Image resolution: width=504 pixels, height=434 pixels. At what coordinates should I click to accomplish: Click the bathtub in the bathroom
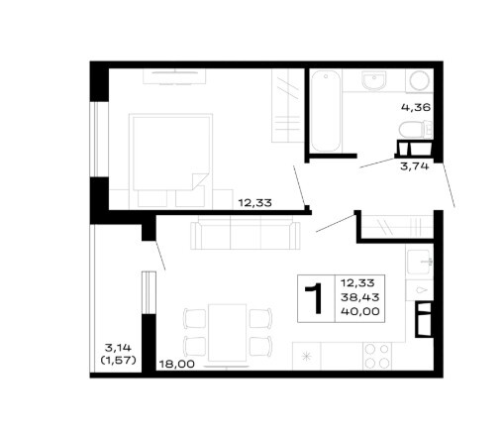(326, 111)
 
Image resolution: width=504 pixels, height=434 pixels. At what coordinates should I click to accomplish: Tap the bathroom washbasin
(374, 81)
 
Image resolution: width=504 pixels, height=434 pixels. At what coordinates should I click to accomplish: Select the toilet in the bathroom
(415, 130)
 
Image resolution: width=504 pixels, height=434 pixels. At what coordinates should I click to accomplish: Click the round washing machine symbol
(420, 81)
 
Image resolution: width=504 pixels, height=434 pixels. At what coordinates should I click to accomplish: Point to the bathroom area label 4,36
(416, 107)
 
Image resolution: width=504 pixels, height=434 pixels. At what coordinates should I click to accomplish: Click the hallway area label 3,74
(415, 166)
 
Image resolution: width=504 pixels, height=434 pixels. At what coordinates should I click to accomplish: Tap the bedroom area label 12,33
(255, 202)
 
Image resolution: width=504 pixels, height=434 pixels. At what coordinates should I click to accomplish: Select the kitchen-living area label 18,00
(177, 364)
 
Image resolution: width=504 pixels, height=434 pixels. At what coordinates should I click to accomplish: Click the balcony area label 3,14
(118, 348)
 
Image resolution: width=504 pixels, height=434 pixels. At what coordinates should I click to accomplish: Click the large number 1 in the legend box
(316, 298)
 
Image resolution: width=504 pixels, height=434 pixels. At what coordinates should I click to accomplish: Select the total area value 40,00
(360, 311)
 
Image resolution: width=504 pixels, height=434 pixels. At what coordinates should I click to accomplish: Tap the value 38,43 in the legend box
(359, 297)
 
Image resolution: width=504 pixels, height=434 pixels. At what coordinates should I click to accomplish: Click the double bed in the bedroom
(170, 161)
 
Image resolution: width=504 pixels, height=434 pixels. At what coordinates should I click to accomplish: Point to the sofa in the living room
(246, 235)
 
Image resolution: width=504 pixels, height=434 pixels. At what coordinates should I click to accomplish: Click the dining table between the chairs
(228, 333)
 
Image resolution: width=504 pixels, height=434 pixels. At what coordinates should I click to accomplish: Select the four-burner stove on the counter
(376, 356)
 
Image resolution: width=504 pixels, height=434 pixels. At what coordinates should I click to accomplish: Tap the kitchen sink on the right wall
(419, 263)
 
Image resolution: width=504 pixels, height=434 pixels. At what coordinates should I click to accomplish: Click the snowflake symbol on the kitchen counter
(307, 357)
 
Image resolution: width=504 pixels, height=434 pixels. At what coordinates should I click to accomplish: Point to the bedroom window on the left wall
(99, 139)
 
